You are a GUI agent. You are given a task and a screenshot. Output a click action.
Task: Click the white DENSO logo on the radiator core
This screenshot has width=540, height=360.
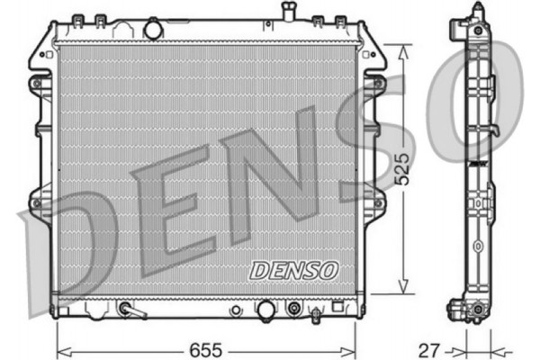(x=292, y=269)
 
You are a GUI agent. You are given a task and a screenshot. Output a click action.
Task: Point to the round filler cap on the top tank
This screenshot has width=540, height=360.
(x=154, y=30)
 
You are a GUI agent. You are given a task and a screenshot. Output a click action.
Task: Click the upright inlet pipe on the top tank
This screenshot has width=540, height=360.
(x=289, y=12)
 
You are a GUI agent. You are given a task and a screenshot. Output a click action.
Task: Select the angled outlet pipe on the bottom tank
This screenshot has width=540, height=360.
(x=130, y=310)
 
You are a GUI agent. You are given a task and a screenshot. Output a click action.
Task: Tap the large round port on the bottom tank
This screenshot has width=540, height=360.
(x=265, y=310)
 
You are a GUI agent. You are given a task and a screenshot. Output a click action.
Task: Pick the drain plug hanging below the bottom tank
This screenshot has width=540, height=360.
(x=317, y=316)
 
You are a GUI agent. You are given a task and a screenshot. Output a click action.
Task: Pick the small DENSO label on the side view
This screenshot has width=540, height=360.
(x=478, y=163)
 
